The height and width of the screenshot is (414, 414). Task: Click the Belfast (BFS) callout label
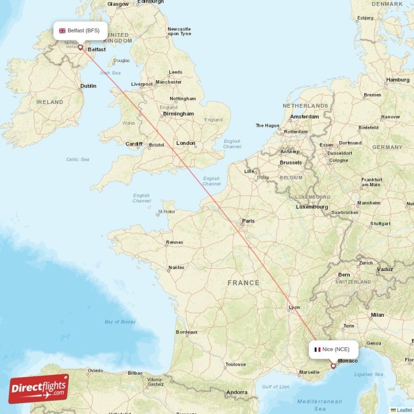click(80, 31)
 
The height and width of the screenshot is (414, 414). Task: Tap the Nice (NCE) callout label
click(332, 349)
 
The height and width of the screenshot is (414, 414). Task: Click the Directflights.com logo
click(39, 389)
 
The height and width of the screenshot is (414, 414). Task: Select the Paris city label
click(248, 221)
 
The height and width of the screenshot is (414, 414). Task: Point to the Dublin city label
click(88, 86)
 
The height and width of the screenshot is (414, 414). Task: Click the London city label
click(186, 143)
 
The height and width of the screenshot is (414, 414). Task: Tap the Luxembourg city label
click(312, 207)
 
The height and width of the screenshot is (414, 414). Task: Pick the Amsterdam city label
click(304, 117)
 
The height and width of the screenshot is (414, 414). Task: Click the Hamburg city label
click(397, 80)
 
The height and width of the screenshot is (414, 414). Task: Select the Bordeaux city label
click(187, 332)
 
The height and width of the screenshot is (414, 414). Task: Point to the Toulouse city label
click(235, 364)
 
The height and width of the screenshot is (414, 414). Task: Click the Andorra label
click(237, 392)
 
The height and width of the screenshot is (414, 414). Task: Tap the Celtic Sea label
click(78, 159)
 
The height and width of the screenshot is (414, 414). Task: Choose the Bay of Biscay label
click(120, 322)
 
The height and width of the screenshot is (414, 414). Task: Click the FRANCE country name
click(243, 283)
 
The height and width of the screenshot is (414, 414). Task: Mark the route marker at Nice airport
click(333, 366)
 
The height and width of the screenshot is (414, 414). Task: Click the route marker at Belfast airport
click(80, 47)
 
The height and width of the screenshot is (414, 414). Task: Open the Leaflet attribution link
click(404, 410)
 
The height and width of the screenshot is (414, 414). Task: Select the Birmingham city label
click(179, 114)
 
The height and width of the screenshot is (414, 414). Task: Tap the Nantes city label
click(176, 268)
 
